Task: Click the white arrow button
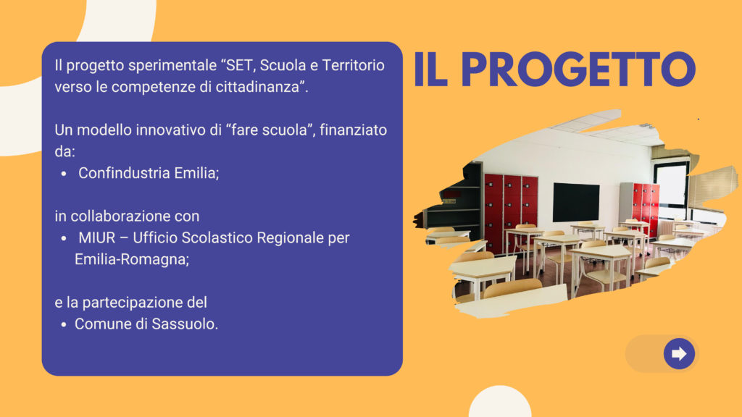tap(679, 353)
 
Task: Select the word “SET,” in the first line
tap(238, 65)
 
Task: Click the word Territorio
tap(353, 65)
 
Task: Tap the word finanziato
tap(353, 130)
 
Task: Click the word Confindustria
tap(124, 173)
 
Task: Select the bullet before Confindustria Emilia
tap(64, 174)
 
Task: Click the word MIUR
tap(97, 237)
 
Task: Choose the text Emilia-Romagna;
tap(132, 260)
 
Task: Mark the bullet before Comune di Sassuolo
tap(64, 325)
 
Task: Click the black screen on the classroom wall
tap(576, 202)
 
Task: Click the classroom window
tap(672, 185)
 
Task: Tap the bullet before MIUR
tap(64, 239)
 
